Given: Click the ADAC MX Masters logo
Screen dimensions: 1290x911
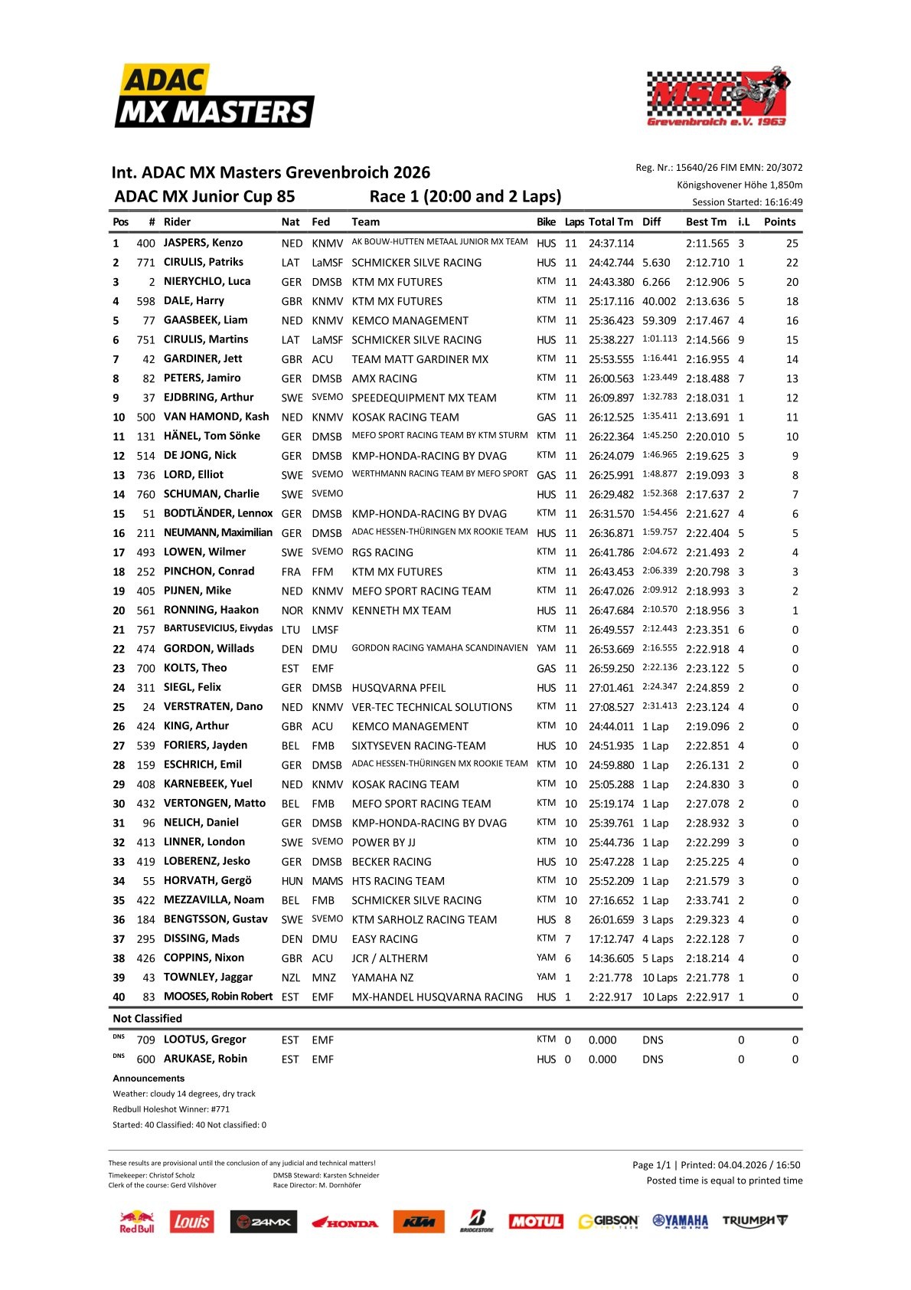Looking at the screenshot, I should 214,96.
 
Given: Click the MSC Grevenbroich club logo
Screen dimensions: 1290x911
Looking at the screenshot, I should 717,97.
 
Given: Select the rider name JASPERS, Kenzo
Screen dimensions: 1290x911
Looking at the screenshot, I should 203,243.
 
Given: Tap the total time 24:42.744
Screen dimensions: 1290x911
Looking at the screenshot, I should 611,263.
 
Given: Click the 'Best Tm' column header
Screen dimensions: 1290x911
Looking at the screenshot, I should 706,222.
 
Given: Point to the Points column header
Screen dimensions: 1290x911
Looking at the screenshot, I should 779,222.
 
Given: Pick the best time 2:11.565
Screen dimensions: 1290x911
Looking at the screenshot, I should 707,244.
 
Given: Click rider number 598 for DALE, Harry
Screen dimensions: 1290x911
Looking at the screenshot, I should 145,301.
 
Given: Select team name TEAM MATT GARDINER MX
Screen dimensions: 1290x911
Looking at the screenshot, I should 420,359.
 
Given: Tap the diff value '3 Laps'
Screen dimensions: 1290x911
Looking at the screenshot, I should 658,920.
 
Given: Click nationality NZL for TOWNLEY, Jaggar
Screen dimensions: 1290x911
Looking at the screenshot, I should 291,977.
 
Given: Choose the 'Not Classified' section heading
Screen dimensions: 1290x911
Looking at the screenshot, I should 148,1019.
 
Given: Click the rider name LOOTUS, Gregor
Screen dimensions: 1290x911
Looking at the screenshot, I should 204,1040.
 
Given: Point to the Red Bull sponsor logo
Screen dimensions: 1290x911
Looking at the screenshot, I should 137,1221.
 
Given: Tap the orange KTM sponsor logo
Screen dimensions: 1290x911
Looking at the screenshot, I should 419,1221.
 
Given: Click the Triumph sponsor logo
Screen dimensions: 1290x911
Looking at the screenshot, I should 754,1220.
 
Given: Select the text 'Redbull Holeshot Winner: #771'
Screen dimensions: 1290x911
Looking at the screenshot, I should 171,1109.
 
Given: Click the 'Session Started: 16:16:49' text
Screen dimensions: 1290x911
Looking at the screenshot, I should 747,202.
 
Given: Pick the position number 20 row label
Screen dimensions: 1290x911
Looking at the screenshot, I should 119,611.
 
